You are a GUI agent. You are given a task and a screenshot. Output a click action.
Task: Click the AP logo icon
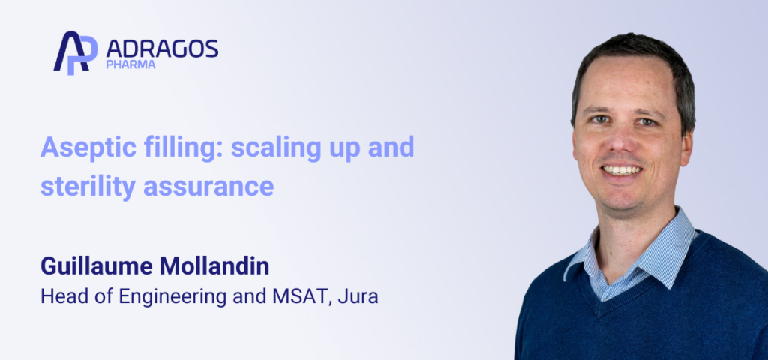(76, 52)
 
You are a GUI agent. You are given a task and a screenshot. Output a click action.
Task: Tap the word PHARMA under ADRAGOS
(132, 65)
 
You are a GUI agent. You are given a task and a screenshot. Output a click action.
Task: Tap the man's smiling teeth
(622, 170)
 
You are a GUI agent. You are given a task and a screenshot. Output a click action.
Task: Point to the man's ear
(685, 143)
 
